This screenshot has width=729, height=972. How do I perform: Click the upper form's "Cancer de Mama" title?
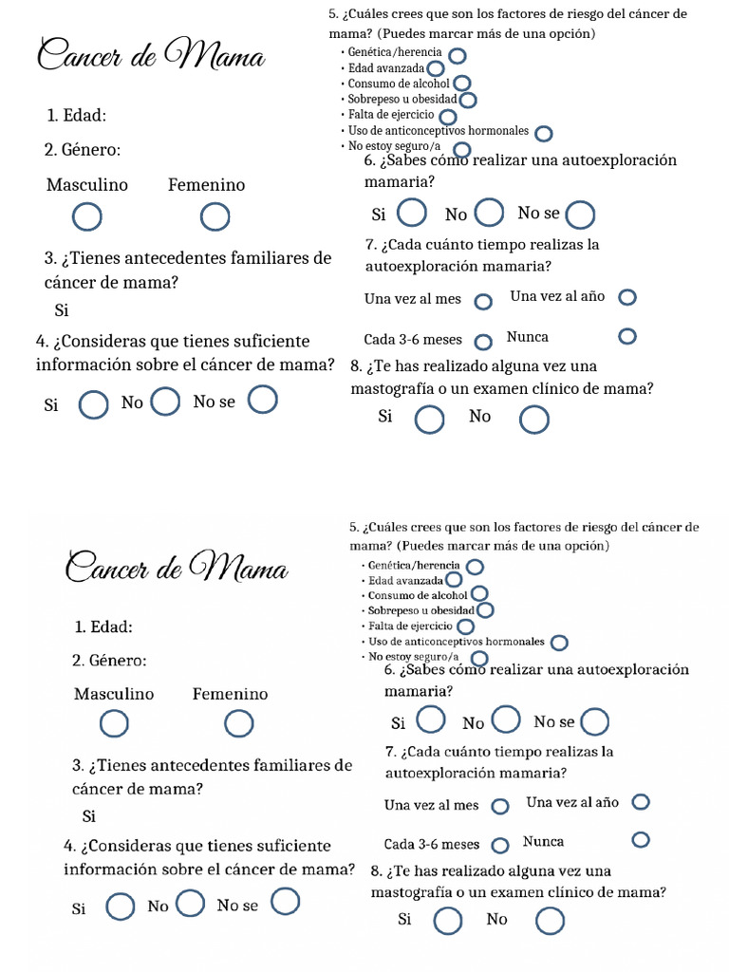coord(150,56)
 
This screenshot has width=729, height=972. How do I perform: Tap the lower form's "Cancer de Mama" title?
coord(177,569)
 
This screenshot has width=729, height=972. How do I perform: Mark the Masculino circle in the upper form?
coord(87,217)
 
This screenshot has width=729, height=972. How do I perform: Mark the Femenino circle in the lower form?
coord(238,724)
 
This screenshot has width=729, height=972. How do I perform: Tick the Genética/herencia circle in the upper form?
coord(458,55)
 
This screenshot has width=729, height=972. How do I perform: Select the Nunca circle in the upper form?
coord(626,336)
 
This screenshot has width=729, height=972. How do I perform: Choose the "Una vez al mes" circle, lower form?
coord(499,806)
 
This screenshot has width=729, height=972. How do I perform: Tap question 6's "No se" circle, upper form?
coord(580,215)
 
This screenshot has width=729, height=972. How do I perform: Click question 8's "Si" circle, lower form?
coord(447,921)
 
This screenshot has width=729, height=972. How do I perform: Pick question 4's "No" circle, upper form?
coord(165,402)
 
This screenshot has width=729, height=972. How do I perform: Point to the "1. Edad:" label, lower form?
coord(103,626)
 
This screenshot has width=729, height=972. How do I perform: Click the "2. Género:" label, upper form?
coord(83,149)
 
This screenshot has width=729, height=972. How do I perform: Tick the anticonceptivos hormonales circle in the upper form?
coord(544,133)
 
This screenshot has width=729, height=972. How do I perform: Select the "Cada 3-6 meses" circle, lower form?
coord(501,844)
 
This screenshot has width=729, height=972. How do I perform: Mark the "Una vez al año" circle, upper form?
coord(626,297)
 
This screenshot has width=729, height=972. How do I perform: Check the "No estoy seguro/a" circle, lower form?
coord(479,658)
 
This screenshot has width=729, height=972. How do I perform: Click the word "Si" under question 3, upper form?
coord(62,310)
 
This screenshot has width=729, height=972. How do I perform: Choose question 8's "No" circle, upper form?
coord(534,419)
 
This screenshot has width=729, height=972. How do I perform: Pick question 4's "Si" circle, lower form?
coord(120,907)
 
